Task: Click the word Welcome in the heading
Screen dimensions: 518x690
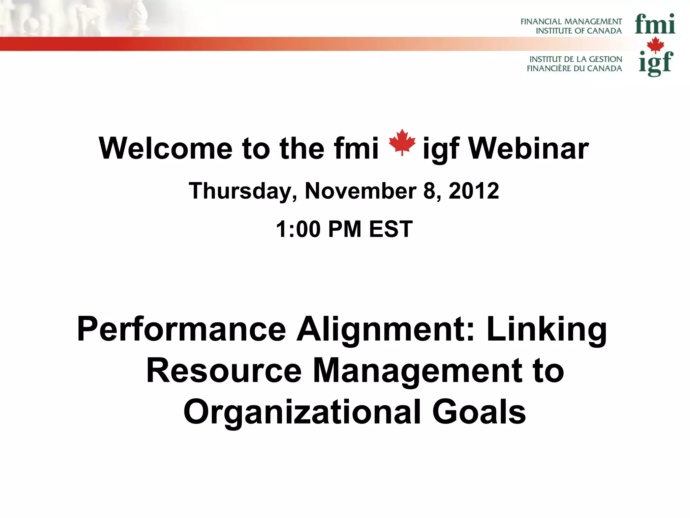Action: pos(165,149)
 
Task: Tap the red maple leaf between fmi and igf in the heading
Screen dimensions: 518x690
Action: pos(402,142)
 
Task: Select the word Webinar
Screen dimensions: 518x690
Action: pos(528,149)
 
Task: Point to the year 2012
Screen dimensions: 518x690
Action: pos(474,191)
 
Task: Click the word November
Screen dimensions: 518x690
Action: pos(360,191)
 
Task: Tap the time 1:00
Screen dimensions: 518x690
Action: pos(298,229)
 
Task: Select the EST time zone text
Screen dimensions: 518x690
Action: pos(391,229)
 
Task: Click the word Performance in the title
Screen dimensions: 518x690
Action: pos(181,329)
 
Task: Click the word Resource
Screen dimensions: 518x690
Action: pos(224,371)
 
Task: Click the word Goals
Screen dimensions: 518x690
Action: pos(479,412)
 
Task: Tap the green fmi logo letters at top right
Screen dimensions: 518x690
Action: pos(655,24)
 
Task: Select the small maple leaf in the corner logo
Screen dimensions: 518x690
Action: pos(655,45)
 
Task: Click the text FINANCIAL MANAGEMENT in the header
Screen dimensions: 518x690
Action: pos(571,22)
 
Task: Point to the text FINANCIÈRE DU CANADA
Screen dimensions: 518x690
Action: pos(574,68)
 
